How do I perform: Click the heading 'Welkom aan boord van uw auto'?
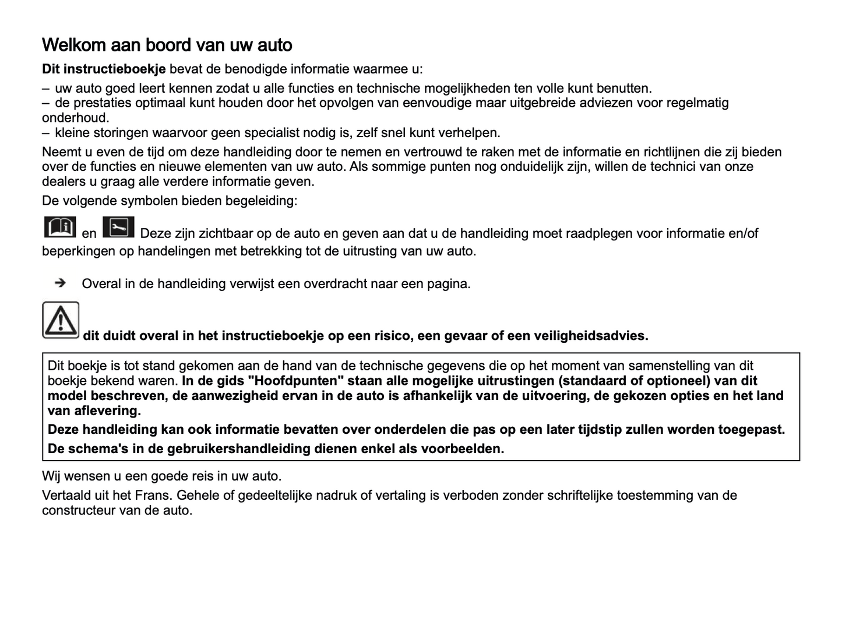click(x=167, y=45)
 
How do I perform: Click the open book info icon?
click(x=59, y=227)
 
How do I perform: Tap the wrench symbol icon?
click(x=118, y=227)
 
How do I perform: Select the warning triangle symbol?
click(x=61, y=320)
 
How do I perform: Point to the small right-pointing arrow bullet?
click(x=59, y=283)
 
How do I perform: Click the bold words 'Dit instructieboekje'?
click(x=104, y=69)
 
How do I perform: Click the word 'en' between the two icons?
click(x=89, y=234)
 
